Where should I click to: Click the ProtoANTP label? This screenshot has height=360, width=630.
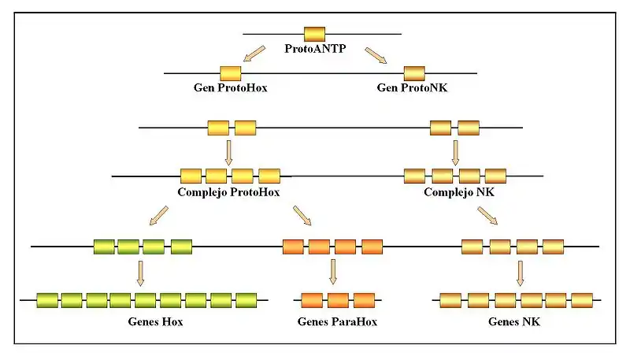(314, 49)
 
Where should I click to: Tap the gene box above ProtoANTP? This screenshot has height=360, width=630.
(314, 34)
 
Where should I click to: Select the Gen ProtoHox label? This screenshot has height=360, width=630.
(230, 87)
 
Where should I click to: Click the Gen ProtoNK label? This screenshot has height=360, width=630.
(413, 87)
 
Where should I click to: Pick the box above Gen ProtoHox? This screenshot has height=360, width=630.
(231, 73)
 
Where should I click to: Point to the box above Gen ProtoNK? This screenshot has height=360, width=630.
(414, 73)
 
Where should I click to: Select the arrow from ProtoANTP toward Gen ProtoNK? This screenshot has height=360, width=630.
(376, 54)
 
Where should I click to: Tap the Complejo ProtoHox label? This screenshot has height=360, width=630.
(229, 191)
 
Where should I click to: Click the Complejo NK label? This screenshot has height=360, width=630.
(459, 191)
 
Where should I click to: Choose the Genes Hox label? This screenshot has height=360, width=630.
(155, 321)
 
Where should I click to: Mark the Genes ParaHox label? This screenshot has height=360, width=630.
(337, 321)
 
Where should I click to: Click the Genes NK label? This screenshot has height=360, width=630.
(514, 321)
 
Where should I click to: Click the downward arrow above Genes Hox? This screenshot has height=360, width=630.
(141, 272)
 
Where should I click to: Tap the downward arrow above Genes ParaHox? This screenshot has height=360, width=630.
(333, 272)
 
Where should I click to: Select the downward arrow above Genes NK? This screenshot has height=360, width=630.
(520, 272)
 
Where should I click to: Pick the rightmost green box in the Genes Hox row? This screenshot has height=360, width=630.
(246, 299)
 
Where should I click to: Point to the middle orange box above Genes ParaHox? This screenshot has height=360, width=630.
(338, 299)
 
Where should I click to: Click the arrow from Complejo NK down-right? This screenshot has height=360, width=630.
(487, 215)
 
